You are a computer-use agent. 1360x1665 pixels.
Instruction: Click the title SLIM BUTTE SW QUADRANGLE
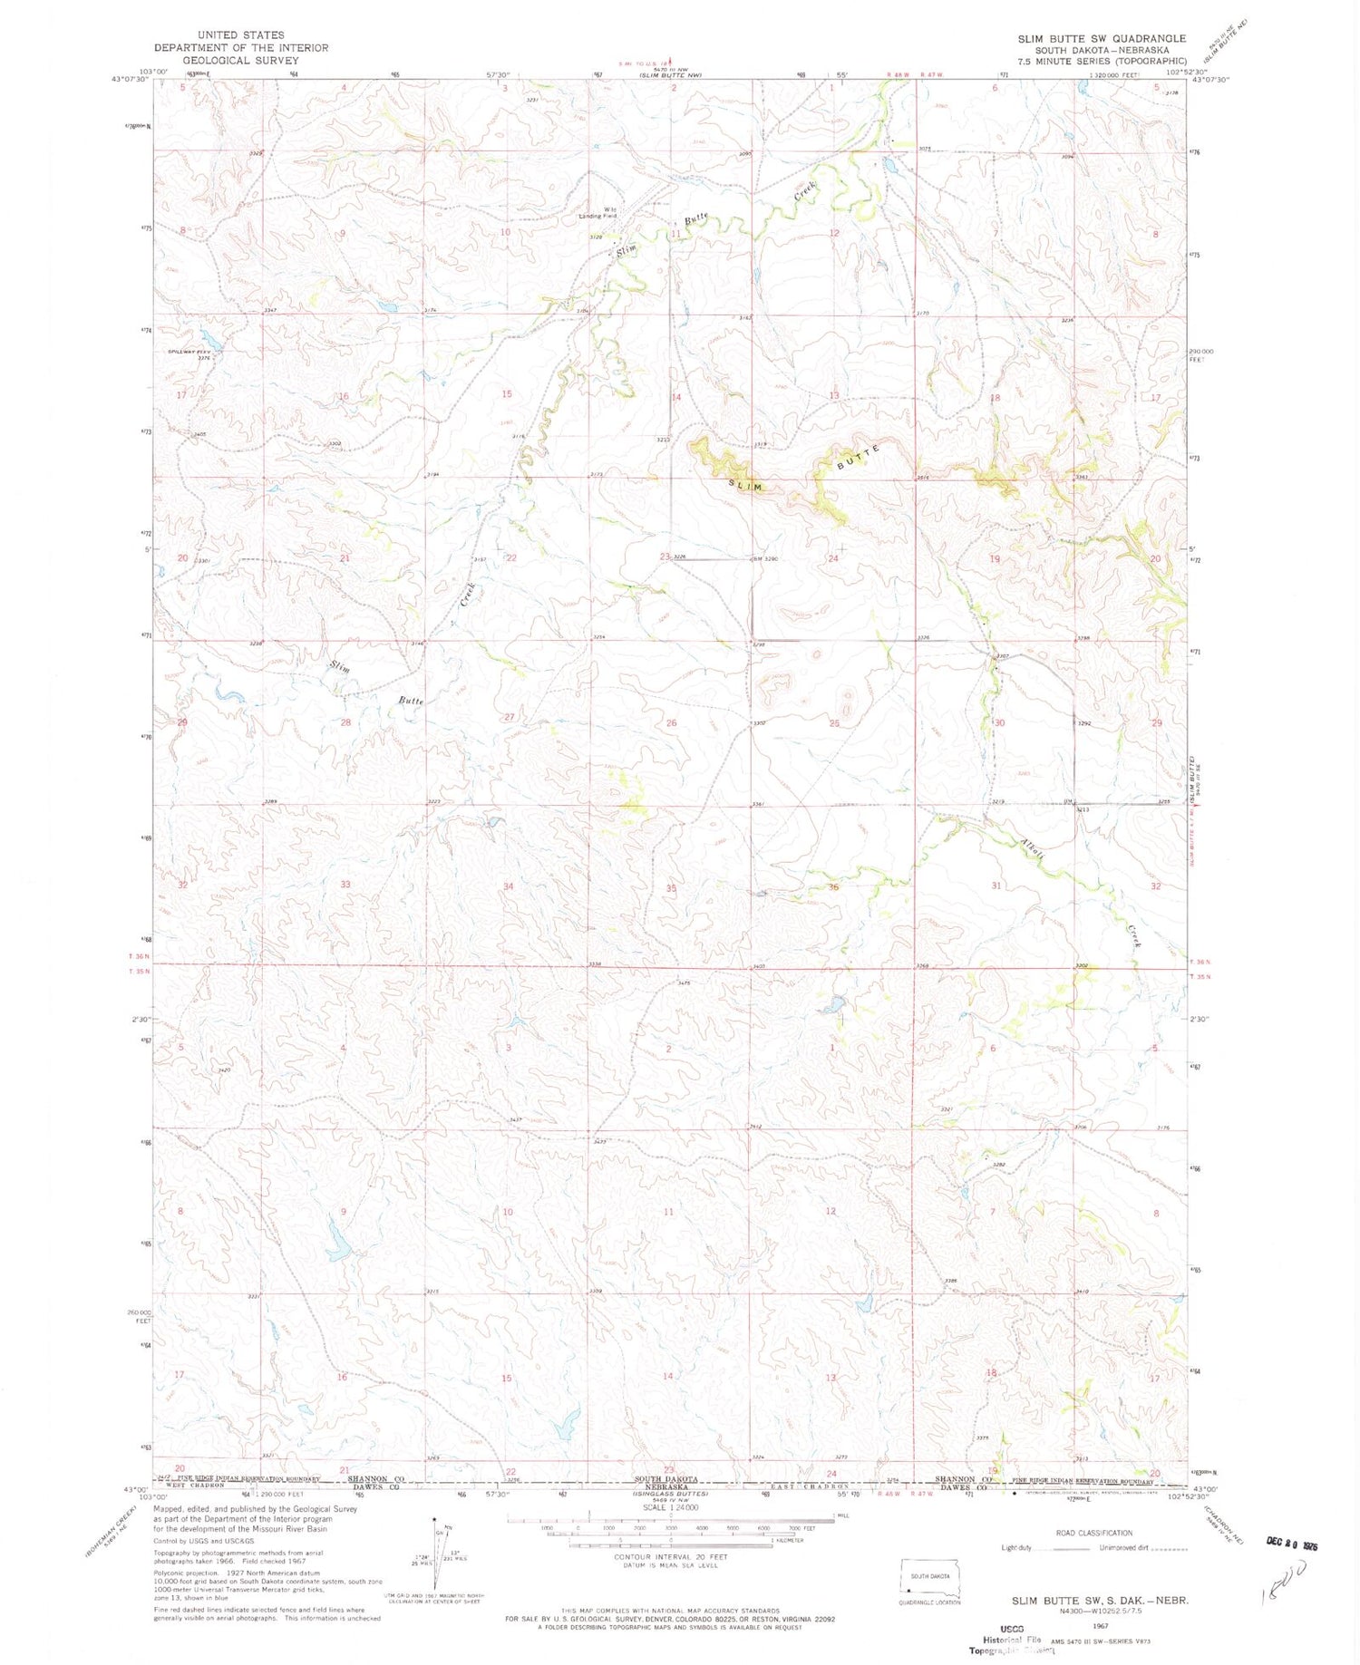1101,38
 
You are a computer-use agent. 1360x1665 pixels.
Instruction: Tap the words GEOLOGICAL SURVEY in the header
240,61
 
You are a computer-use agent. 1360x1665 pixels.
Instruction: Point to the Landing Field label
598,216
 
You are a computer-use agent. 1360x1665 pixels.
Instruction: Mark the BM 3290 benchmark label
766,558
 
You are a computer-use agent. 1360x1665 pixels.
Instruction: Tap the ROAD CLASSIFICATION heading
1093,1533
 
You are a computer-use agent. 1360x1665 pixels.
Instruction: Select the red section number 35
671,888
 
